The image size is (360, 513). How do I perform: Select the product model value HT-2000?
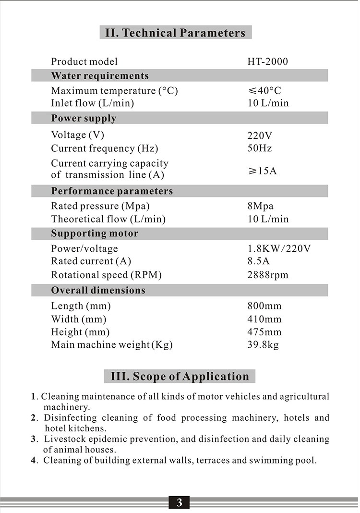click(x=267, y=61)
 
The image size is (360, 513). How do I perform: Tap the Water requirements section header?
click(x=100, y=76)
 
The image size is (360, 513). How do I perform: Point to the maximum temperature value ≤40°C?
click(x=264, y=91)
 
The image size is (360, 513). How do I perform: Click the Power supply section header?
click(x=84, y=118)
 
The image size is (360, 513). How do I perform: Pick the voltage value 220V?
click(x=260, y=135)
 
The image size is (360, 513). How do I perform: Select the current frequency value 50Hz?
click(x=260, y=148)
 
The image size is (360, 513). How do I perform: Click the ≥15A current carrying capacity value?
click(x=262, y=171)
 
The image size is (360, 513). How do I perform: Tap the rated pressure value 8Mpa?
click(x=260, y=206)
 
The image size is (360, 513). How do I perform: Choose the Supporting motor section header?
click(x=95, y=234)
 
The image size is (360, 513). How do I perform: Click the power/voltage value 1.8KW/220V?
click(x=279, y=249)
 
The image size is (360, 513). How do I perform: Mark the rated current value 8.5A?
click(x=258, y=261)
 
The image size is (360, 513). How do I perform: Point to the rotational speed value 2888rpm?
click(x=268, y=275)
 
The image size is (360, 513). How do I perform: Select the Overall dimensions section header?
click(x=98, y=291)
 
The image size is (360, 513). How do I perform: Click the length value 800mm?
click(x=264, y=306)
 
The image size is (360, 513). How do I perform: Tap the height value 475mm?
click(x=264, y=332)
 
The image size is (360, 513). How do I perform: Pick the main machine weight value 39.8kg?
click(x=263, y=345)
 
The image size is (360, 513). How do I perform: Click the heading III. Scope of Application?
click(x=180, y=376)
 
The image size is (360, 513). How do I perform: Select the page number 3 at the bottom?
click(x=179, y=503)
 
